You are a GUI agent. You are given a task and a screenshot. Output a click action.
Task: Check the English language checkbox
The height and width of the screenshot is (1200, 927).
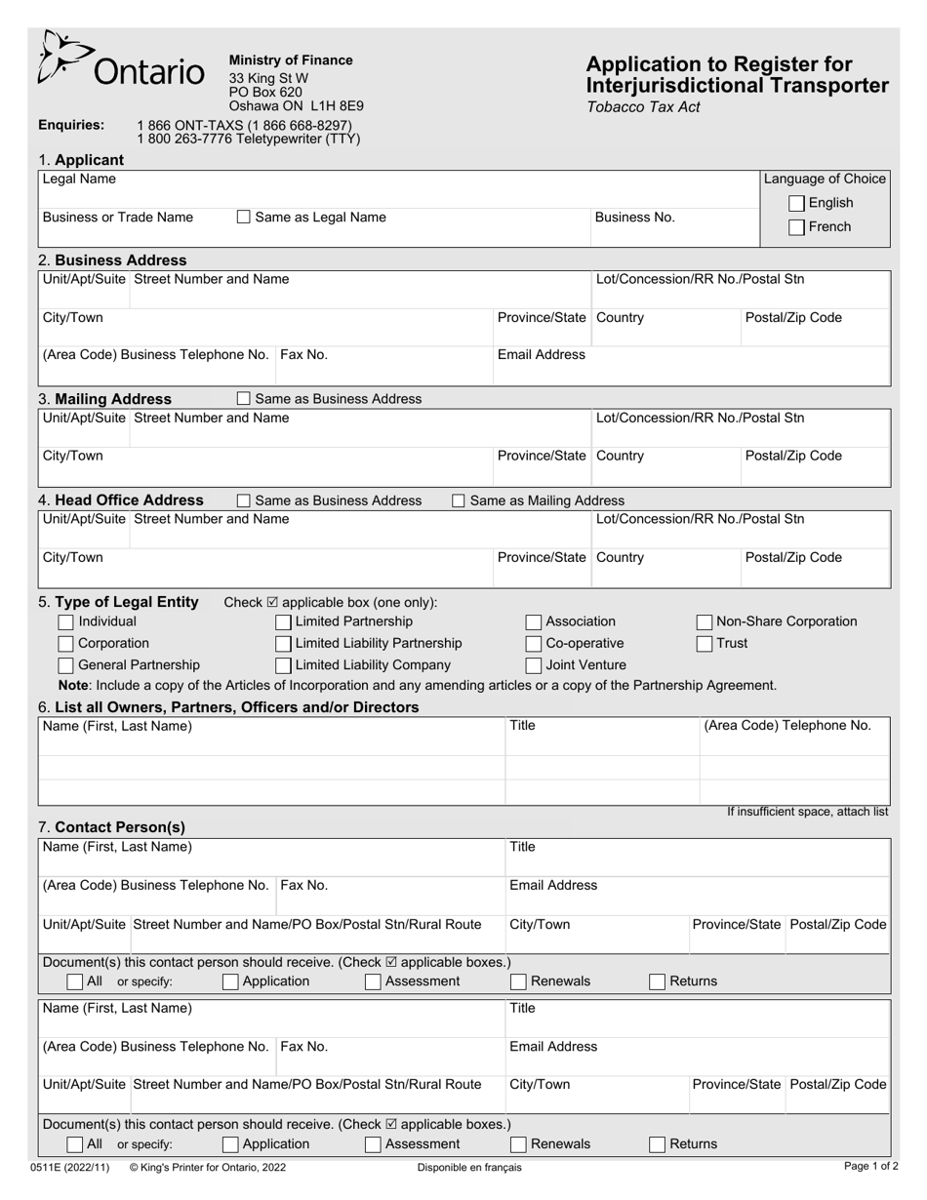tap(797, 203)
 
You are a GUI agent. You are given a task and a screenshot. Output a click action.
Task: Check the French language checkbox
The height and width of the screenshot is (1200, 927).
tap(797, 227)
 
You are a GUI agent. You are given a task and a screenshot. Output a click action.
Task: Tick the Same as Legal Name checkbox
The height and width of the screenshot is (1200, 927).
tap(244, 218)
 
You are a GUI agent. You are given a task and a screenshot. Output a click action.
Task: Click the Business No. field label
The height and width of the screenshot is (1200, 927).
tap(635, 218)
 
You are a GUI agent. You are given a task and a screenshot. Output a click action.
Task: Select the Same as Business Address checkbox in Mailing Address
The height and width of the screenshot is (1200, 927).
tap(244, 399)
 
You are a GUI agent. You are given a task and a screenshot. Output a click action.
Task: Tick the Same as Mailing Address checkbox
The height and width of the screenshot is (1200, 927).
tap(459, 500)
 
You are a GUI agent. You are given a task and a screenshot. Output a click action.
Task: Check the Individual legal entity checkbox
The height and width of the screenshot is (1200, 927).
tap(65, 621)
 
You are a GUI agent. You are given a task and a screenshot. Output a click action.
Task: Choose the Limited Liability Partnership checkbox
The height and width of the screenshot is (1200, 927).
tap(283, 644)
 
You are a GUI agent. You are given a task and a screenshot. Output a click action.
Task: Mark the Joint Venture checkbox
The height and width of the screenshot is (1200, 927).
tap(534, 665)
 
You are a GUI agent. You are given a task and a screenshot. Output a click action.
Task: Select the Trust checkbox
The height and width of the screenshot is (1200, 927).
tap(705, 644)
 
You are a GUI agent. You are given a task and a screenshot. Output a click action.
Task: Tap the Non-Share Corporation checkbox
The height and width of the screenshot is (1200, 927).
tap(705, 621)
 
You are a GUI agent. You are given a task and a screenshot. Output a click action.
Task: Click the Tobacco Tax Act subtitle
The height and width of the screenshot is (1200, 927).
tap(643, 107)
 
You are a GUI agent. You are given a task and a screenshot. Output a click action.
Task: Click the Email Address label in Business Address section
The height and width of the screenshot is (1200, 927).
tap(542, 355)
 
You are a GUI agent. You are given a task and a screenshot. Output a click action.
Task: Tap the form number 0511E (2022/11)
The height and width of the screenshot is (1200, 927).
tap(70, 1167)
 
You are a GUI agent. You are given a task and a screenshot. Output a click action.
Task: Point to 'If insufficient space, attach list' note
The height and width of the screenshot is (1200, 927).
tap(808, 812)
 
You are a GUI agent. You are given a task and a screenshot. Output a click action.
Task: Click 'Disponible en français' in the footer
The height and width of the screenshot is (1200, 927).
tap(469, 1167)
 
